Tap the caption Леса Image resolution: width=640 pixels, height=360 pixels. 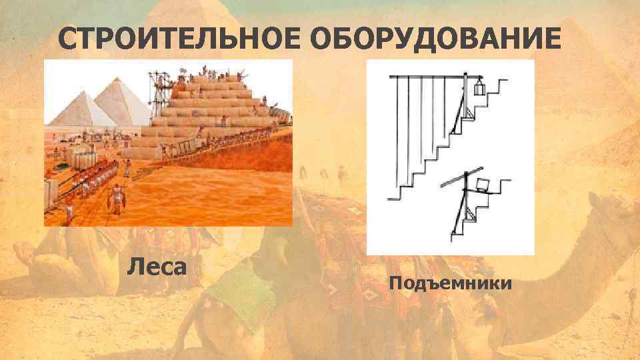pos(157,268)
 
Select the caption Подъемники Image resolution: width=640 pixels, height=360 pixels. pos(450,284)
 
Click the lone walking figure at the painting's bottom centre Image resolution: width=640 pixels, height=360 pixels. pos(117,199)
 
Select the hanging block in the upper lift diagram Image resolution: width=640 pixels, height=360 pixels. pos(479,89)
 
